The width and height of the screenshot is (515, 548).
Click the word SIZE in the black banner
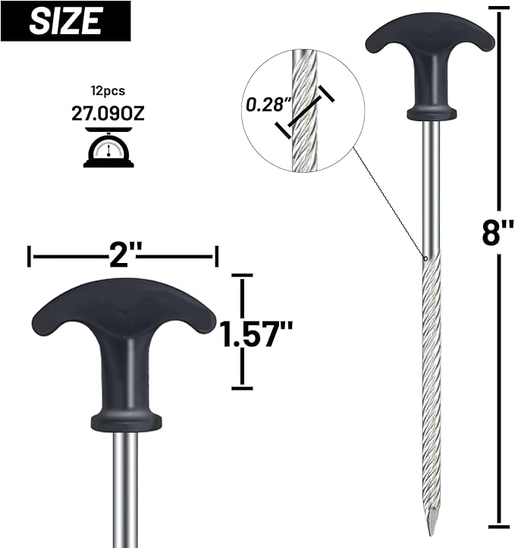pos(65,20)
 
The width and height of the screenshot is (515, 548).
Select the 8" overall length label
pos(496,233)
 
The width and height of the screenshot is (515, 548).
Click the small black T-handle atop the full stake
pos(429,45)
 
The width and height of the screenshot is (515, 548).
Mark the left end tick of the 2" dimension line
pos(30,256)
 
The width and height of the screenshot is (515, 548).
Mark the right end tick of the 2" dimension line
pos(218,256)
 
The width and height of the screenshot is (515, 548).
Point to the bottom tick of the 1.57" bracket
pos(242,388)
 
